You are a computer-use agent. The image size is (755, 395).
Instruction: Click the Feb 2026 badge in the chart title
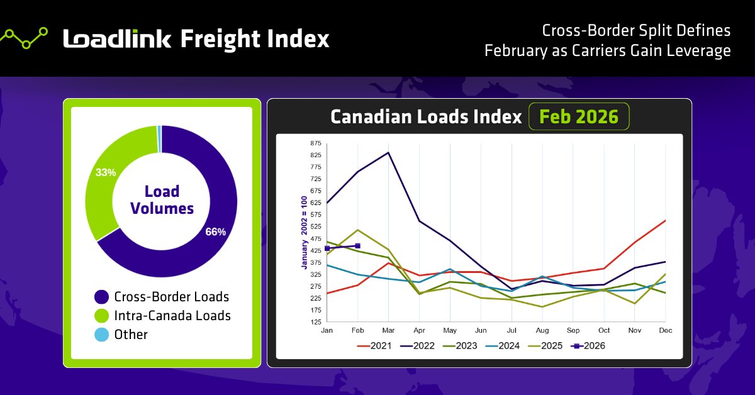pyautogui.click(x=578, y=116)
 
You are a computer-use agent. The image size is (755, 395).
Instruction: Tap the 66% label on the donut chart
pyautogui.click(x=215, y=231)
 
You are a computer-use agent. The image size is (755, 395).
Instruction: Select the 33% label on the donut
pyautogui.click(x=106, y=172)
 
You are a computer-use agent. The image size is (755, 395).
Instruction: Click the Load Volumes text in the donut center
pyautogui.click(x=162, y=199)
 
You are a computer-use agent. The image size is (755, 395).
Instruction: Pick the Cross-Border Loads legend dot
pyautogui.click(x=101, y=297)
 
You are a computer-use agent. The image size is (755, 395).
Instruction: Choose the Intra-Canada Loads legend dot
pyautogui.click(x=101, y=316)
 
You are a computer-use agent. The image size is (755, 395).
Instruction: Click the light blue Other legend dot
pyautogui.click(x=101, y=335)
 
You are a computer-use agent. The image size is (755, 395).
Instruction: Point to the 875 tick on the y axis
pyautogui.click(x=315, y=143)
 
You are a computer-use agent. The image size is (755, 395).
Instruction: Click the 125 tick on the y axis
pyautogui.click(x=315, y=322)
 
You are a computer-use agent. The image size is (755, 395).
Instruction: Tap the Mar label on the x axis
pyautogui.click(x=388, y=330)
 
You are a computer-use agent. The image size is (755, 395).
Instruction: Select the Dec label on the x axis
pyautogui.click(x=664, y=330)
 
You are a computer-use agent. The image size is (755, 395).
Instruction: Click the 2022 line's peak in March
pyautogui.click(x=388, y=153)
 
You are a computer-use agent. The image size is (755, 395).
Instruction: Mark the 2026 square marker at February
pyautogui.click(x=357, y=246)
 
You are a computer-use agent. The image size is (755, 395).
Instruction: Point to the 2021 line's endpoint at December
pyautogui.click(x=665, y=221)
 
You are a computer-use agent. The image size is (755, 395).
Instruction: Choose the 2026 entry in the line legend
pyautogui.click(x=586, y=345)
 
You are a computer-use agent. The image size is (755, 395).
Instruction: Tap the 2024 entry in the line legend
pyautogui.click(x=502, y=345)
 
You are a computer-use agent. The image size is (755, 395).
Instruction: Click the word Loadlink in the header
pyautogui.click(x=117, y=39)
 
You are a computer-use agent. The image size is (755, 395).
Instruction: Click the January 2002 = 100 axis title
pyautogui.click(x=304, y=233)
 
